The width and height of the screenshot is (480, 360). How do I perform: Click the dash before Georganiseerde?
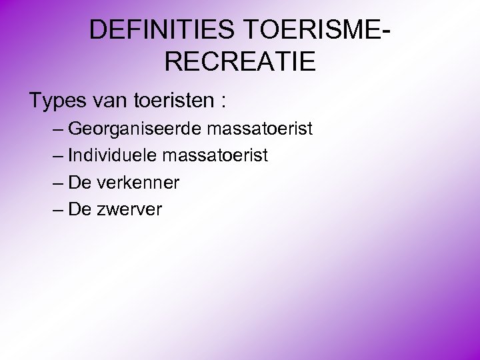click(56, 128)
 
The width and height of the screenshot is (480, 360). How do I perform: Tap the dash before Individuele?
click(56, 155)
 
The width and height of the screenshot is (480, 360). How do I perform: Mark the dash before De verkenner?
click(56, 183)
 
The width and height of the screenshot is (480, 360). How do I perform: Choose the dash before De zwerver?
click(56, 210)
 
